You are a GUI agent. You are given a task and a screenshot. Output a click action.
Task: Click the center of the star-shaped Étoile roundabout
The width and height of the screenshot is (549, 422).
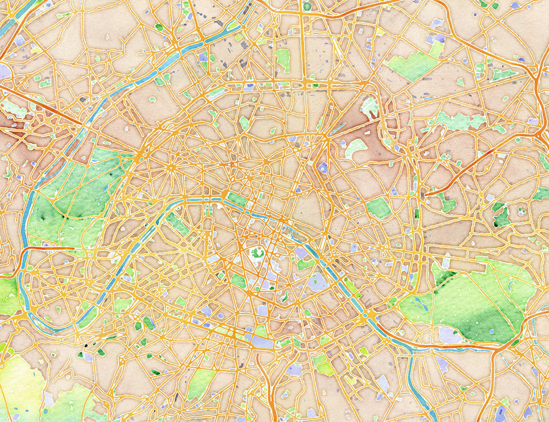(x=171, y=166)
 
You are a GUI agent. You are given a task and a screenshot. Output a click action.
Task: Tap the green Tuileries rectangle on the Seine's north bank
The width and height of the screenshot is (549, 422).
(x=237, y=199)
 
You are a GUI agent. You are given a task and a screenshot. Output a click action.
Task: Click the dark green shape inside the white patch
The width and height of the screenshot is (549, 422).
(x=257, y=253)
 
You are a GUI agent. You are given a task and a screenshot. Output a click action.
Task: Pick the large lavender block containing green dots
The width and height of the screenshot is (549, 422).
(x=316, y=282)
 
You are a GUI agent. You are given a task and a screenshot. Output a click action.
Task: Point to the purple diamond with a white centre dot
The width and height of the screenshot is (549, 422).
(x=323, y=167)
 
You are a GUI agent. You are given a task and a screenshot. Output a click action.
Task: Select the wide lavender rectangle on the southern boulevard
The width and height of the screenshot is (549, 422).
(x=261, y=341)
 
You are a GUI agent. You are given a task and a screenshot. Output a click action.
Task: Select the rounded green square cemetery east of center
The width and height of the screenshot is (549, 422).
(x=378, y=208)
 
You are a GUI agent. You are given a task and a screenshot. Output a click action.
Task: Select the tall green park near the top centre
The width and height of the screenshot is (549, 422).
(x=283, y=59)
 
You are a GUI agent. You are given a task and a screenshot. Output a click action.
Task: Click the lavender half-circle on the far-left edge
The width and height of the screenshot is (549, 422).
(x=4, y=71)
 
